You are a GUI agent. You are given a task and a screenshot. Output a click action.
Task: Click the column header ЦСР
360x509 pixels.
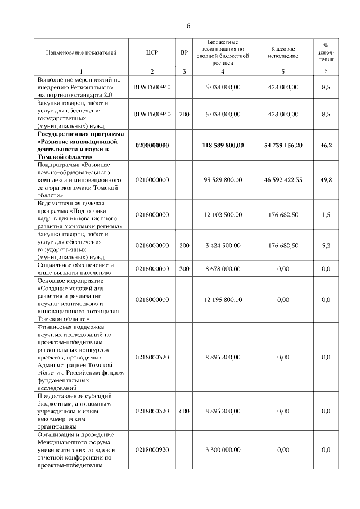coord(152,52)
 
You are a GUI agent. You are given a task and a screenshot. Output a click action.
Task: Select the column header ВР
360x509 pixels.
coord(184,52)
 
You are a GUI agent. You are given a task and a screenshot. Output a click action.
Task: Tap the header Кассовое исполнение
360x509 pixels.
coord(283,52)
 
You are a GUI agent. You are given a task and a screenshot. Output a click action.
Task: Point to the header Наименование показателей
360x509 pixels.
coord(82,52)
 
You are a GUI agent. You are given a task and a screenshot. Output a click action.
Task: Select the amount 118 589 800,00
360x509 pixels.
coord(223,145)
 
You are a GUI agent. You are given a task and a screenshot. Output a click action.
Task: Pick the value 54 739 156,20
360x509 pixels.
coord(283,145)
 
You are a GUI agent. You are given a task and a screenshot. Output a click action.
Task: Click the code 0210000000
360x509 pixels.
coord(152,179)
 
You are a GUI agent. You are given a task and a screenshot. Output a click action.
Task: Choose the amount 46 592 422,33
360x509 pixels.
coord(283,179)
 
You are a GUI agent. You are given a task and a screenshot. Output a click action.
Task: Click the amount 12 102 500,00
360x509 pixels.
coord(223,214)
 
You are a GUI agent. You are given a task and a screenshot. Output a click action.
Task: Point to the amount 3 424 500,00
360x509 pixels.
coord(223,245)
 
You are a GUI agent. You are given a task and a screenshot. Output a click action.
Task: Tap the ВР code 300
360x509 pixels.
coord(184,269)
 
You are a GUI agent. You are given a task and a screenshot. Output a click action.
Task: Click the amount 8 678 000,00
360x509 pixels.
coord(223,269)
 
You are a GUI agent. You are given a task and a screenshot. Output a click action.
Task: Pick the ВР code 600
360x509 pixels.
coord(184,411)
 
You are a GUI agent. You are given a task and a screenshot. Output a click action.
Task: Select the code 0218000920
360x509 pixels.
coord(152,450)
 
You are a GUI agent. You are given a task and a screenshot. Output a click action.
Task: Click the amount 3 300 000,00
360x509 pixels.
coord(223,450)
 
